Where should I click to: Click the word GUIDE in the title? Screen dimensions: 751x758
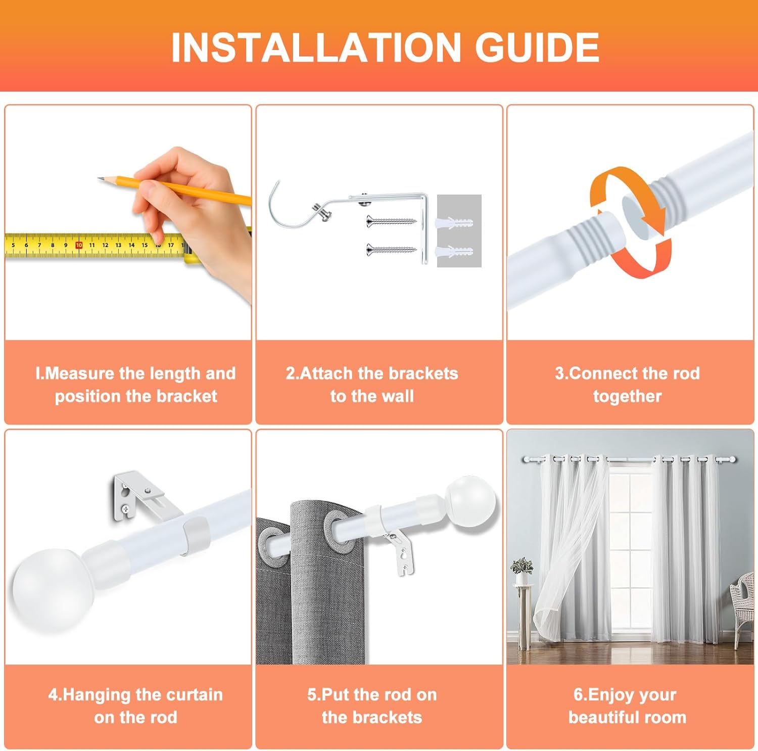tap(537, 48)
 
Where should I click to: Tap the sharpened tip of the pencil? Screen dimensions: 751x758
tap(101, 178)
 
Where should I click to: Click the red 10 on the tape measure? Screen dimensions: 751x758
tap(79, 245)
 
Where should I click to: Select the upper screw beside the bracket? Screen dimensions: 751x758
tap(391, 221)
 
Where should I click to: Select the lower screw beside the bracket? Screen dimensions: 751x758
tap(391, 249)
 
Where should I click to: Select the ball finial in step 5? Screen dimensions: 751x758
tap(471, 501)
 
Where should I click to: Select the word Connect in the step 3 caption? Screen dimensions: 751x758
tap(601, 373)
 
